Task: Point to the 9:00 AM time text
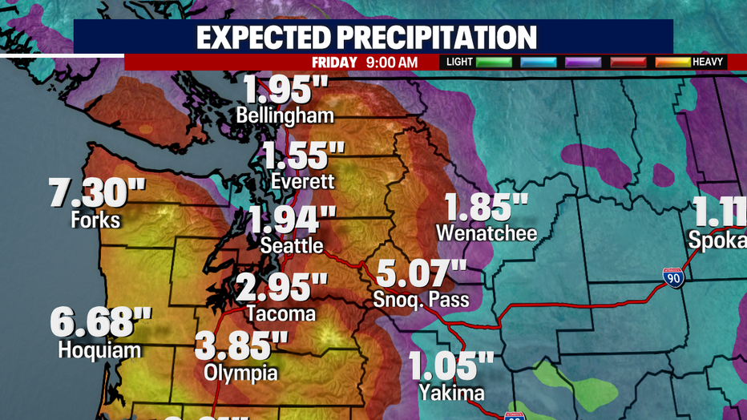coord(393,62)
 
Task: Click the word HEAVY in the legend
coord(708,62)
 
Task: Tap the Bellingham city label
coord(285,115)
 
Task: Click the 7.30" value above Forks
coord(97,193)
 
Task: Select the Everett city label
coord(302,181)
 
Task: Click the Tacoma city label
coord(281,313)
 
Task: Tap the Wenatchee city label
coord(487,233)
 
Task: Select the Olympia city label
coord(241,372)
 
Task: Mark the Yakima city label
coord(451,393)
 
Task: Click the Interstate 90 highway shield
coord(673,278)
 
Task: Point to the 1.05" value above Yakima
coord(451,367)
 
